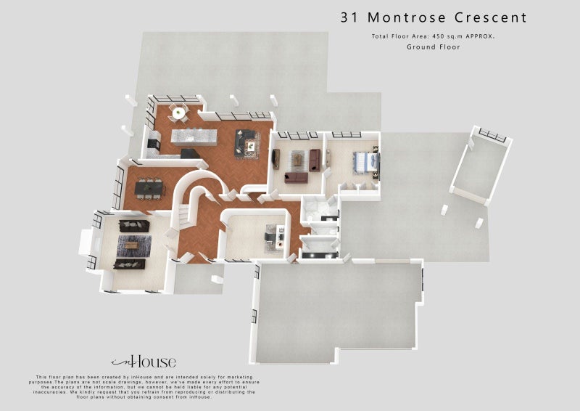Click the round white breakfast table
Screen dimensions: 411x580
tap(177, 112)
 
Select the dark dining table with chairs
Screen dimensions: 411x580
tap(149, 187)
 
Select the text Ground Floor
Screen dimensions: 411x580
tap(433, 47)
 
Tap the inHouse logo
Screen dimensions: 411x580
tap(143, 362)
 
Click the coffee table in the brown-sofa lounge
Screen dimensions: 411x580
tap(297, 162)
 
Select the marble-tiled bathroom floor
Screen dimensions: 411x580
tap(317, 212)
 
